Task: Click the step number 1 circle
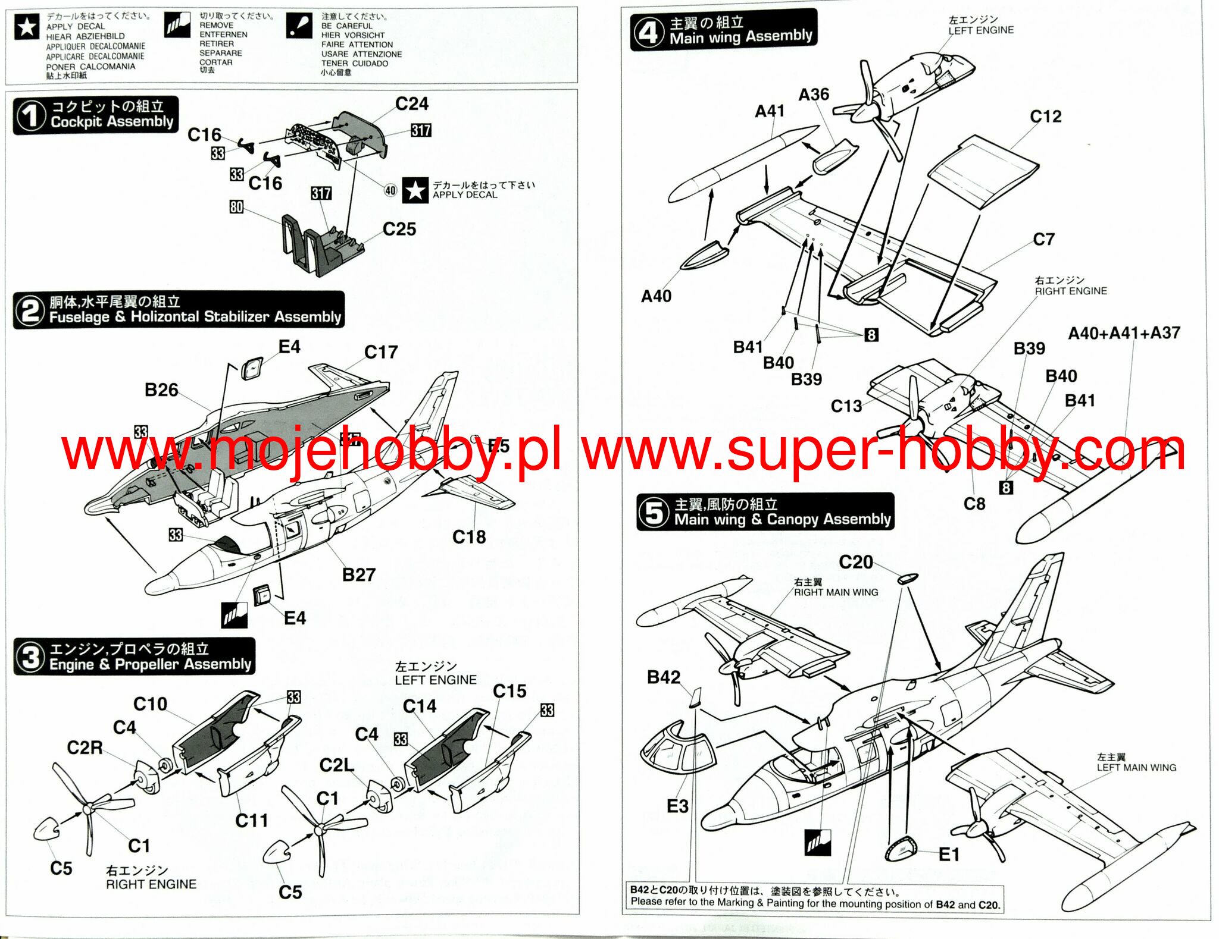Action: [x=30, y=115]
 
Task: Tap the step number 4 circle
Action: [x=648, y=32]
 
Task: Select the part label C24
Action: [x=411, y=104]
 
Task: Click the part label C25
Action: [x=399, y=230]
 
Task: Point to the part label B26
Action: [x=161, y=390]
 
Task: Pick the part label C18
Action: [x=468, y=538]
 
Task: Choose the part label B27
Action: [x=358, y=575]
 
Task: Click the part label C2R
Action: [x=85, y=748]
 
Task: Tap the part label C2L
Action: [x=336, y=765]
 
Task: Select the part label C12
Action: [x=1045, y=117]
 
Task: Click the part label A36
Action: [x=813, y=95]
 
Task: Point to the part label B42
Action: [x=663, y=677]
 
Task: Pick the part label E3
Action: [x=677, y=806]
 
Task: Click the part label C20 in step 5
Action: [x=855, y=562]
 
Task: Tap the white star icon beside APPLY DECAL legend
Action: [x=27, y=27]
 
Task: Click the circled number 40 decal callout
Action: [x=390, y=190]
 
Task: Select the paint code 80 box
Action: [x=236, y=207]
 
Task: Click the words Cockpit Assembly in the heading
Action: [x=112, y=122]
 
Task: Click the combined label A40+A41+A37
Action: [x=1124, y=333]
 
